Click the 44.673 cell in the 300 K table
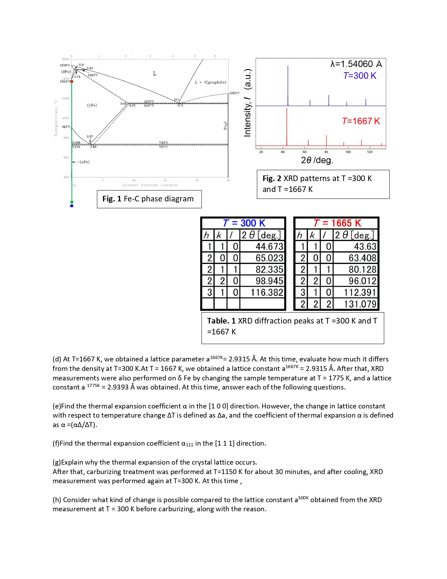point(269,247)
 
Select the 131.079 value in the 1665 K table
point(360,304)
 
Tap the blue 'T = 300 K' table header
point(244,223)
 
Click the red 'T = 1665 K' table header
point(337,223)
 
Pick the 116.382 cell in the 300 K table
point(267,292)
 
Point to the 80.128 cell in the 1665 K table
point(362,269)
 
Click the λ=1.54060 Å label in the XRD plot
point(356,64)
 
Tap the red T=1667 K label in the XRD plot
point(361,121)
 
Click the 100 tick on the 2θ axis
point(348,152)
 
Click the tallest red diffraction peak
point(287,126)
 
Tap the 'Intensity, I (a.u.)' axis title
point(248,103)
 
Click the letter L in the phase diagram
point(155,73)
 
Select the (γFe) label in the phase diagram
point(92,105)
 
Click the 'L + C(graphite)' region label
point(210,82)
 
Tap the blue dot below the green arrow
point(72,206)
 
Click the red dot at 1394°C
point(72,81)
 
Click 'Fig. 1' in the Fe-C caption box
point(111,199)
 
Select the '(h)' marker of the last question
point(57,500)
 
